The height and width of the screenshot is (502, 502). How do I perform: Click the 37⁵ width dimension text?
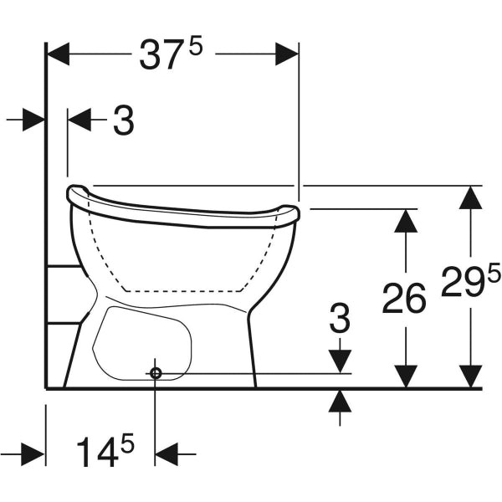[x=172, y=56]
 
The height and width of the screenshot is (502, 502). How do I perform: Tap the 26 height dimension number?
[x=404, y=298]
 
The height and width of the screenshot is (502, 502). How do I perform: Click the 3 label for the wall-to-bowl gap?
[x=123, y=121]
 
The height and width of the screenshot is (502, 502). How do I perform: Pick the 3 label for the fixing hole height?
[x=340, y=319]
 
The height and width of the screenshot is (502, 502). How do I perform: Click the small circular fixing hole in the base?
[x=155, y=373]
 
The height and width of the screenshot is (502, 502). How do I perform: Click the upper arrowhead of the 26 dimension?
[x=405, y=220]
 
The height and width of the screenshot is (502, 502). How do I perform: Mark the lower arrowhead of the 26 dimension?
[x=405, y=376]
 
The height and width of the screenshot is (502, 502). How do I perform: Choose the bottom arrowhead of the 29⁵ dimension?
[x=471, y=376]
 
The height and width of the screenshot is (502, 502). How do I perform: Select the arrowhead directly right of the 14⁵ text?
[x=166, y=454]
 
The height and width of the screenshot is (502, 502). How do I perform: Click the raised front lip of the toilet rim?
[x=289, y=213]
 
